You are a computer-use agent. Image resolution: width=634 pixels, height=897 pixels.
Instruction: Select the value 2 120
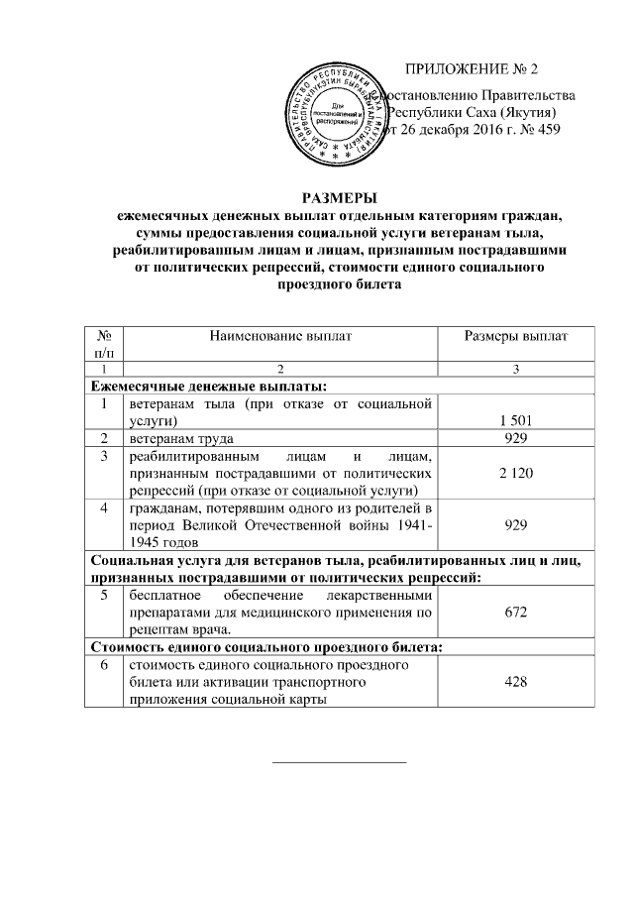516,476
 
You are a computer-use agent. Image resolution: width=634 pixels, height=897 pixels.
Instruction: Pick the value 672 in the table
516,614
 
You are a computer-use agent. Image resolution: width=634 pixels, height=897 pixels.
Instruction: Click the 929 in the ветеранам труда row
516,438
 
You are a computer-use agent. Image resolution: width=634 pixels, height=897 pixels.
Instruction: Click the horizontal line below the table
339,761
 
